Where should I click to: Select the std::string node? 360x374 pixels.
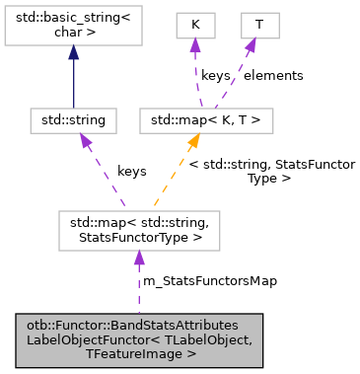pos(73,120)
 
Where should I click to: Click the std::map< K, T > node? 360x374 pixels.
pos(206,120)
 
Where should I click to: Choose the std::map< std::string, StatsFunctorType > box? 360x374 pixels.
pos(137,230)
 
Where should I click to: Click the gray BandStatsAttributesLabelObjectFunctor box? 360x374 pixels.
pos(137,337)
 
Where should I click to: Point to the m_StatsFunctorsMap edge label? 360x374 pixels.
pos(210,281)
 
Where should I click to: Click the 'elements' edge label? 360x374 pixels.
pos(273,75)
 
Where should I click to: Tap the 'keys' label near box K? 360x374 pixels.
pos(215,75)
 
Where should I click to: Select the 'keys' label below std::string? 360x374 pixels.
pos(132,171)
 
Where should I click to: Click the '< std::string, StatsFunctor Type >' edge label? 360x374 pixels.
pos(271,171)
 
